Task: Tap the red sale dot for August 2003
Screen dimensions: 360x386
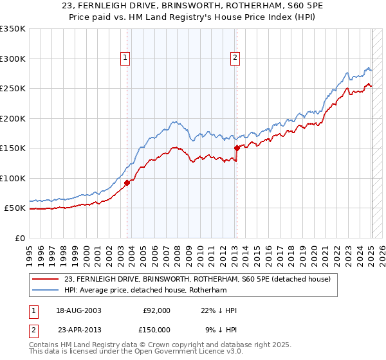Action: click(x=127, y=183)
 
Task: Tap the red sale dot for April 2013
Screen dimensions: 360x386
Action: click(x=237, y=148)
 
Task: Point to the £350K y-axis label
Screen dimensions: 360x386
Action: click(x=13, y=29)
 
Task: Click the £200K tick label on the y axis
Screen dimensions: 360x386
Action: click(x=13, y=118)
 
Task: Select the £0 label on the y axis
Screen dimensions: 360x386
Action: click(x=19, y=238)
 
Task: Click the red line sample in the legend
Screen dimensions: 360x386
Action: click(x=46, y=279)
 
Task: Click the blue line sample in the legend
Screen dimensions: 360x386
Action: click(x=46, y=290)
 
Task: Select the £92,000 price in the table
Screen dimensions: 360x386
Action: click(x=156, y=310)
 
